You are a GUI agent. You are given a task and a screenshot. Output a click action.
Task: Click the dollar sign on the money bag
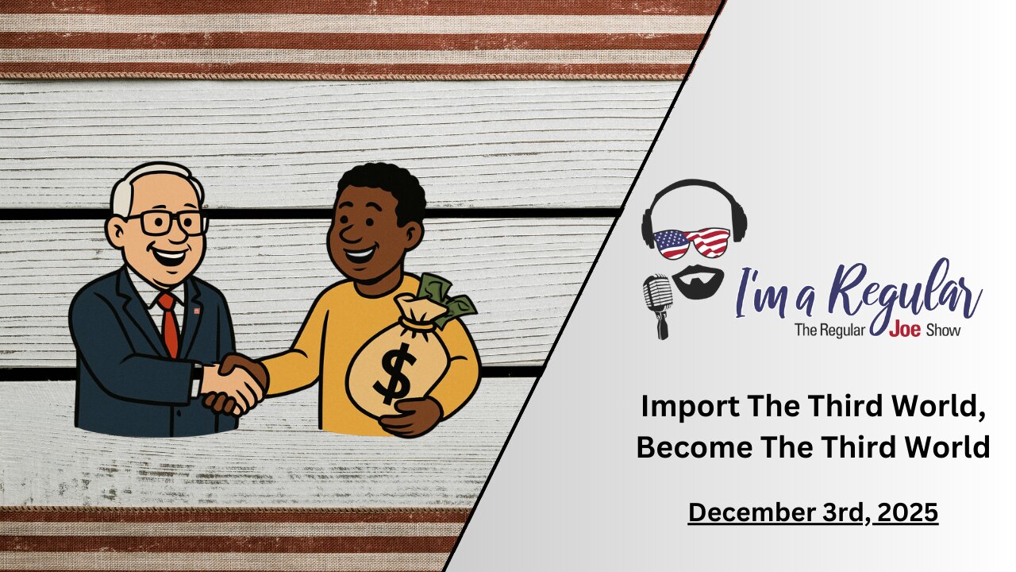(394, 373)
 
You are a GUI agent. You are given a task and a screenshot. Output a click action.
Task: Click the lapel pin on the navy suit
(197, 311)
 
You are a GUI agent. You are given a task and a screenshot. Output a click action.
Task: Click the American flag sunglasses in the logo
(691, 244)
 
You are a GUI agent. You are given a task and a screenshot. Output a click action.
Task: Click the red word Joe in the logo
(904, 329)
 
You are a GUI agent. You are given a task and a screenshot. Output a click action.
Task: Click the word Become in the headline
(695, 446)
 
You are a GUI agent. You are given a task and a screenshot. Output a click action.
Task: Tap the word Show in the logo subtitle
(944, 330)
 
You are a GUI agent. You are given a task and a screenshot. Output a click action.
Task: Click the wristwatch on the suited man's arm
(197, 373)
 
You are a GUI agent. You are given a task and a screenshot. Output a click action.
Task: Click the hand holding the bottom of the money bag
(410, 418)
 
